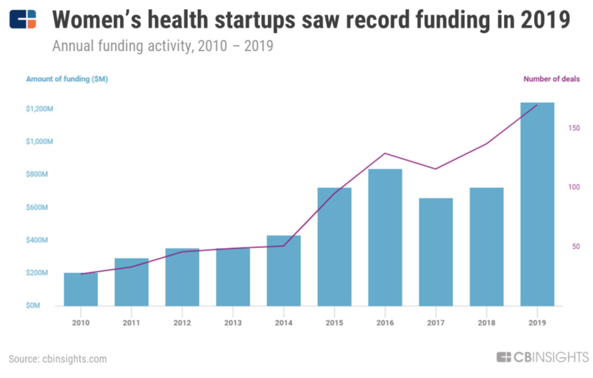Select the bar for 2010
click(x=81, y=290)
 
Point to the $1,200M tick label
click(x=39, y=109)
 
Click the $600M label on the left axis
click(x=39, y=208)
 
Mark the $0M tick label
click(x=32, y=306)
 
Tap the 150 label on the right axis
click(x=574, y=128)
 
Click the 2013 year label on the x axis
click(x=233, y=323)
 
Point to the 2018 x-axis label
click(x=486, y=323)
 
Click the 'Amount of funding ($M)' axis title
click(x=67, y=79)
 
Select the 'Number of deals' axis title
click(x=551, y=79)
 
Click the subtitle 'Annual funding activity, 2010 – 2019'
click(x=163, y=46)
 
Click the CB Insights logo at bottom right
click(x=542, y=358)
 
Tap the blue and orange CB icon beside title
click(x=24, y=20)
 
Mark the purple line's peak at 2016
click(x=385, y=153)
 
